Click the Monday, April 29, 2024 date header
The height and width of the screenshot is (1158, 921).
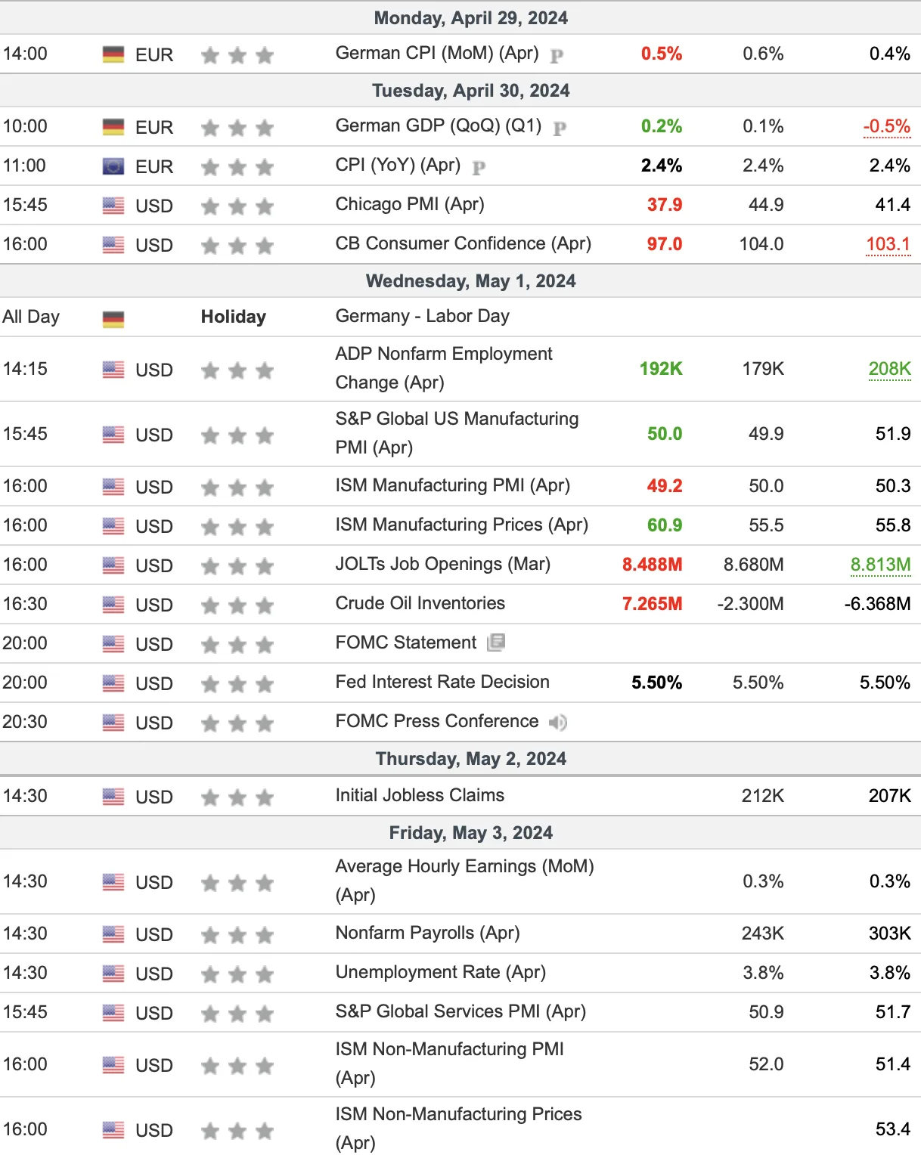pyautogui.click(x=470, y=17)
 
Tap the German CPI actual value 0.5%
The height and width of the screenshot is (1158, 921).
pyautogui.click(x=662, y=54)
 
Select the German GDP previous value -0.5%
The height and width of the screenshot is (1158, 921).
pyautogui.click(x=886, y=126)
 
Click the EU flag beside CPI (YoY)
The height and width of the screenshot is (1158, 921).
pyautogui.click(x=113, y=166)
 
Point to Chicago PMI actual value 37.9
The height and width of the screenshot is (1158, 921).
pyautogui.click(x=664, y=205)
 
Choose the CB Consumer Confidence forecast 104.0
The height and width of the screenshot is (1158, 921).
pyautogui.click(x=761, y=244)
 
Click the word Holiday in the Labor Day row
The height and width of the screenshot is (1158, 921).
pyautogui.click(x=234, y=317)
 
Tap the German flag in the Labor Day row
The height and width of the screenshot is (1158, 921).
pyautogui.click(x=113, y=318)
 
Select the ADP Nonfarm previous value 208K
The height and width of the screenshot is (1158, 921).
pyautogui.click(x=889, y=369)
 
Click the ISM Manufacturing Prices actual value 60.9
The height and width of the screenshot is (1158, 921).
pyautogui.click(x=664, y=525)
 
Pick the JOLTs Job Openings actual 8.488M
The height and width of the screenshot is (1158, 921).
pyautogui.click(x=652, y=565)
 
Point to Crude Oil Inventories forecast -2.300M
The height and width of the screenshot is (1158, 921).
pyautogui.click(x=750, y=604)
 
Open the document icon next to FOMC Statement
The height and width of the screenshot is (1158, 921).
pyautogui.click(x=496, y=642)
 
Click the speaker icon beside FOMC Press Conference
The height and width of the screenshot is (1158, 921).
pyautogui.click(x=557, y=722)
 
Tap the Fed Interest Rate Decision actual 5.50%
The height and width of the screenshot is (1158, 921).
pyautogui.click(x=656, y=683)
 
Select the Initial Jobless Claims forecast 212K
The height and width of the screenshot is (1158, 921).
pyautogui.click(x=762, y=796)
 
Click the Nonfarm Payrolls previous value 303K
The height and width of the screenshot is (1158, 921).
pyautogui.click(x=889, y=933)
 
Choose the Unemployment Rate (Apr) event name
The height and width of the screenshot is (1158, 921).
pyautogui.click(x=440, y=972)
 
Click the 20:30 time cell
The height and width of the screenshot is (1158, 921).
pyautogui.click(x=25, y=722)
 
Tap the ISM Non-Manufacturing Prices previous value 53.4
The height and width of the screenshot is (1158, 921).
pyautogui.click(x=892, y=1129)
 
